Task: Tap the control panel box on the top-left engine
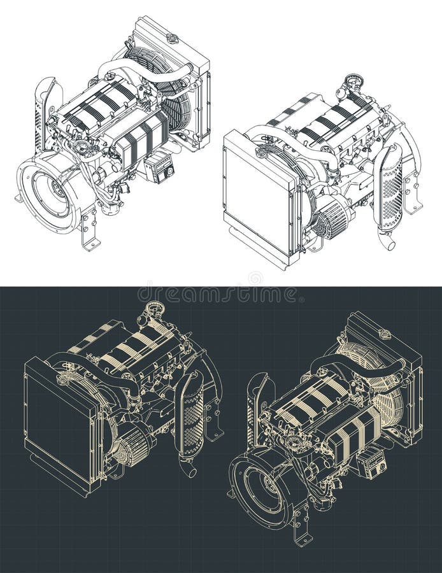160,167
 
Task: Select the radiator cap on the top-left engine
172,38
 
